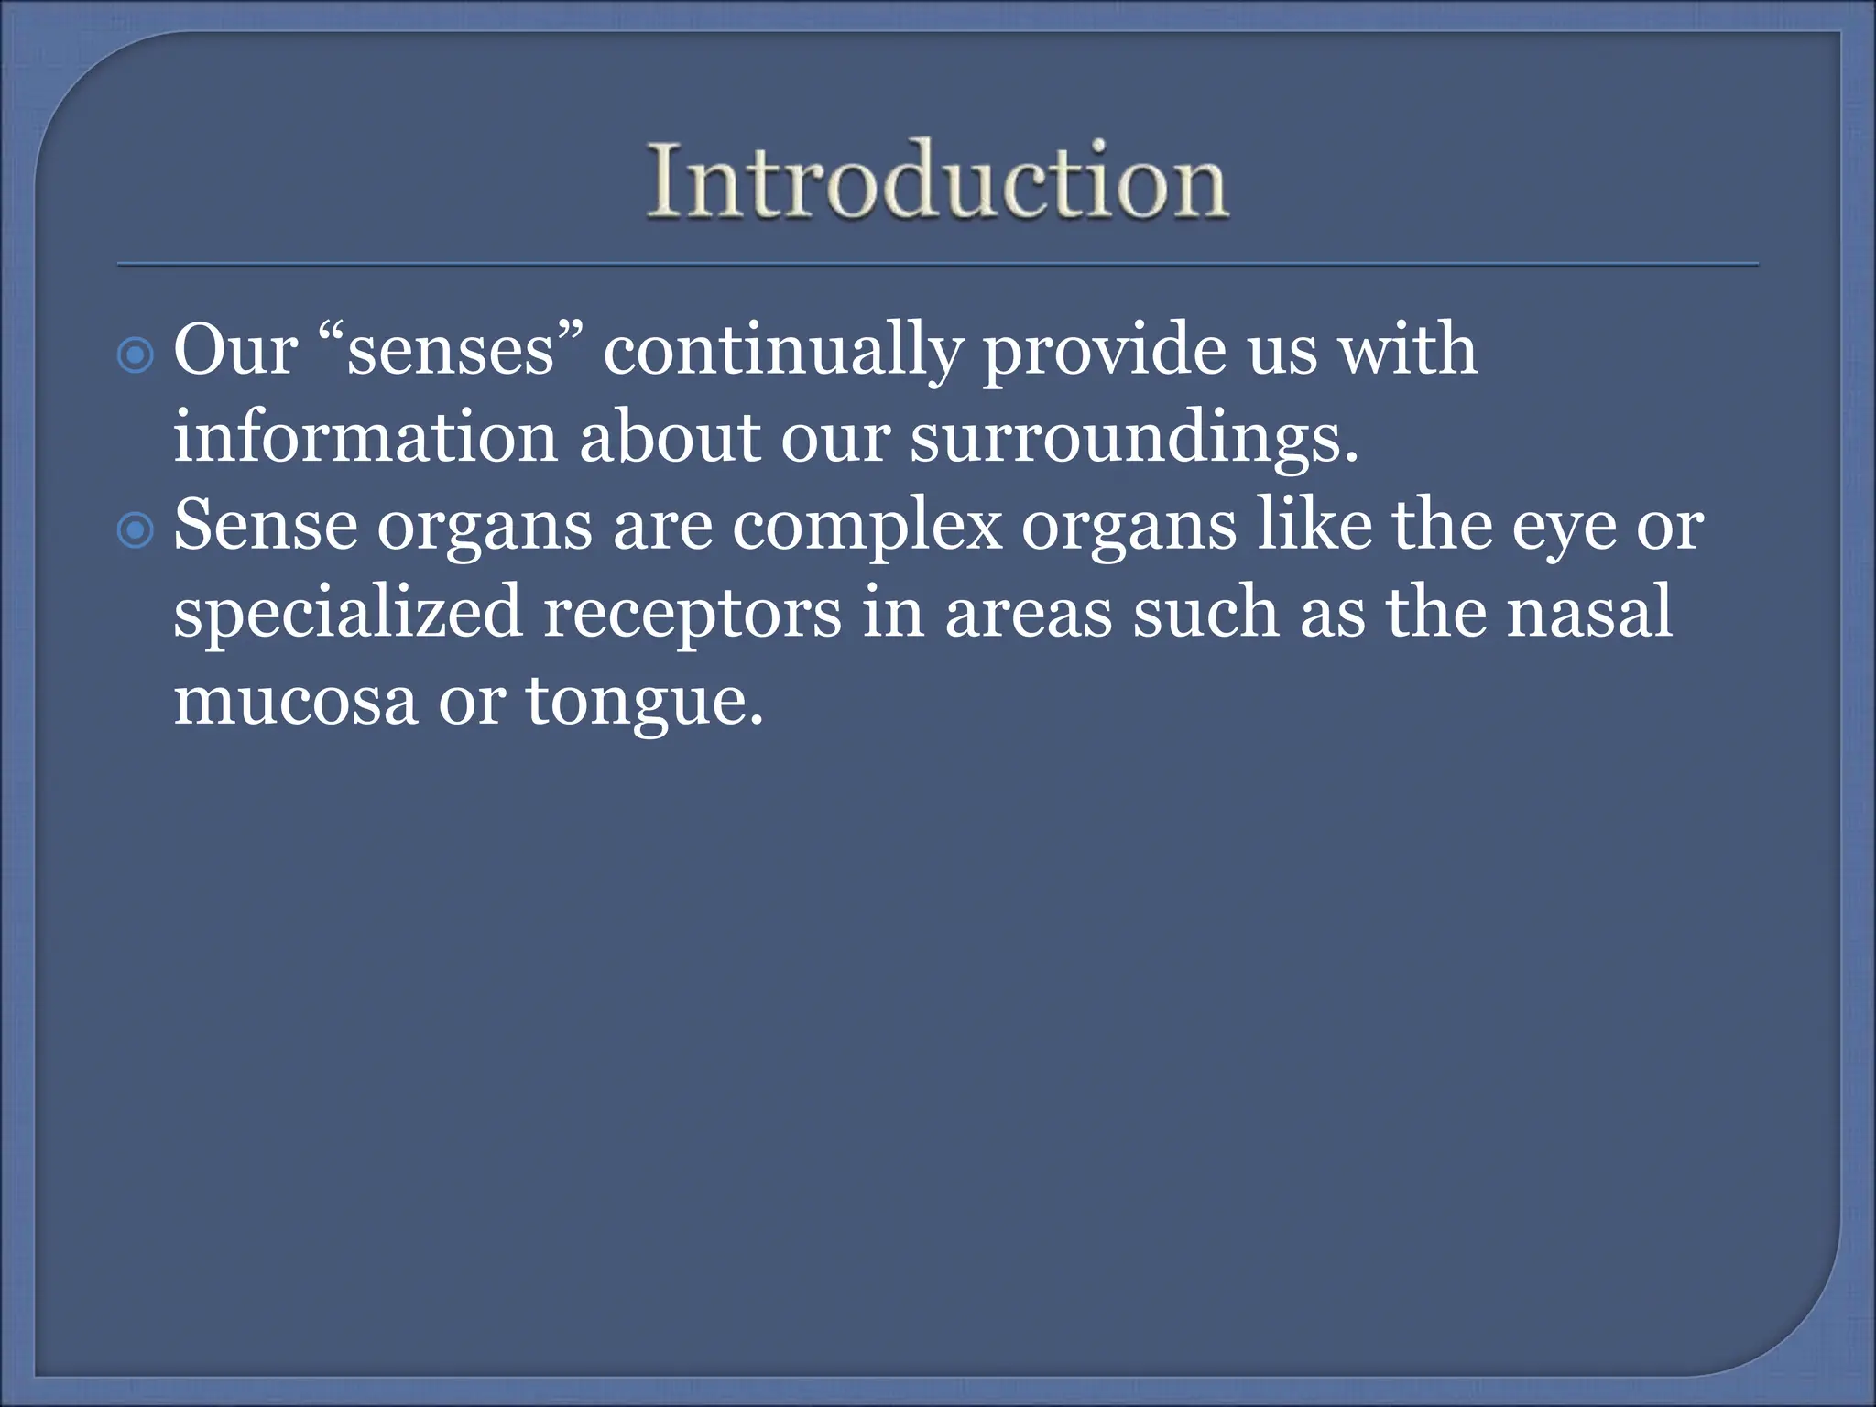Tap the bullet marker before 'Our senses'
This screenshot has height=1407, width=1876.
[136, 354]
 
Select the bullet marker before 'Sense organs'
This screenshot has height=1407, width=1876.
[136, 530]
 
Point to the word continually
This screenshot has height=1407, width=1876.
[782, 353]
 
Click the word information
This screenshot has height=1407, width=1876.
[365, 438]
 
